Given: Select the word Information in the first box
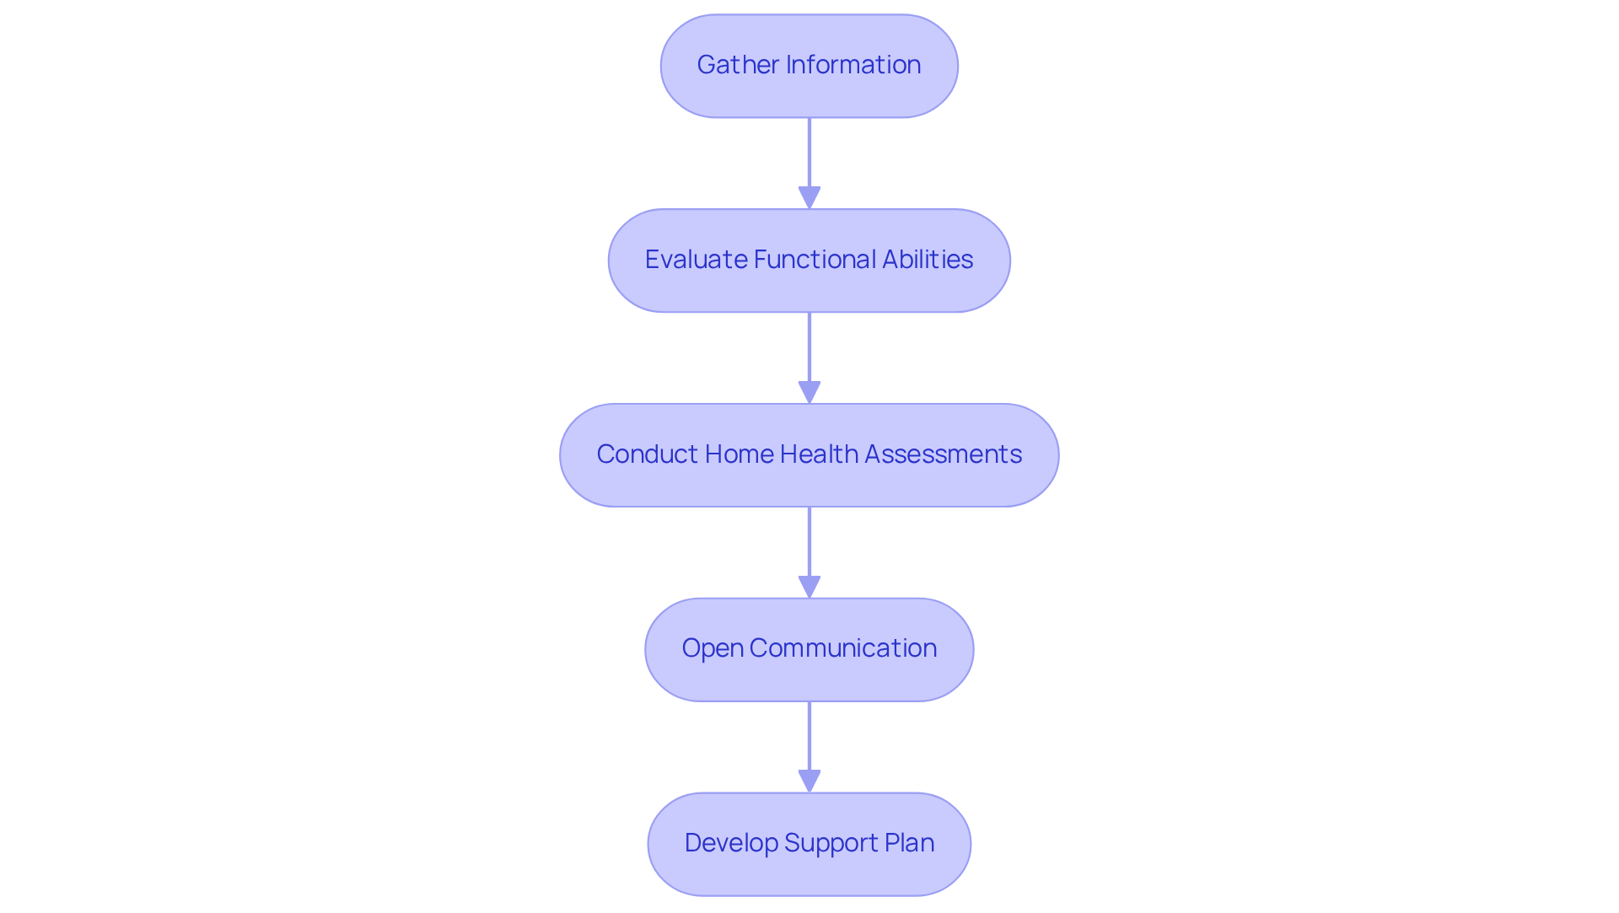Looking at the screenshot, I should point(853,65).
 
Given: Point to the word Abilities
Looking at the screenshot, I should point(928,260).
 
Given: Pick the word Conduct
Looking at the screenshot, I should point(647,454).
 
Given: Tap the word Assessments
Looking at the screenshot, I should point(943,454).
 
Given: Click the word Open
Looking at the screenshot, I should point(713,648).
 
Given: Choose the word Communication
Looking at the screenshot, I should point(843,648).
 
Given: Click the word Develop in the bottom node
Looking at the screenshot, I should point(730,843).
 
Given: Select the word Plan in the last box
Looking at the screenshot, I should point(910,843).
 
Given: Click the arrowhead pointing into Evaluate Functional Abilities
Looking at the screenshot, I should point(809,198).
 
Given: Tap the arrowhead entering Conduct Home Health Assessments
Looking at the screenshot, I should point(809,393).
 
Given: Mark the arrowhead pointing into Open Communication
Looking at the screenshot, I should point(809,588).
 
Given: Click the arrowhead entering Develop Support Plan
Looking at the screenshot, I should point(809,781).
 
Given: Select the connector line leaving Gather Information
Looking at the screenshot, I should point(809,152).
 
